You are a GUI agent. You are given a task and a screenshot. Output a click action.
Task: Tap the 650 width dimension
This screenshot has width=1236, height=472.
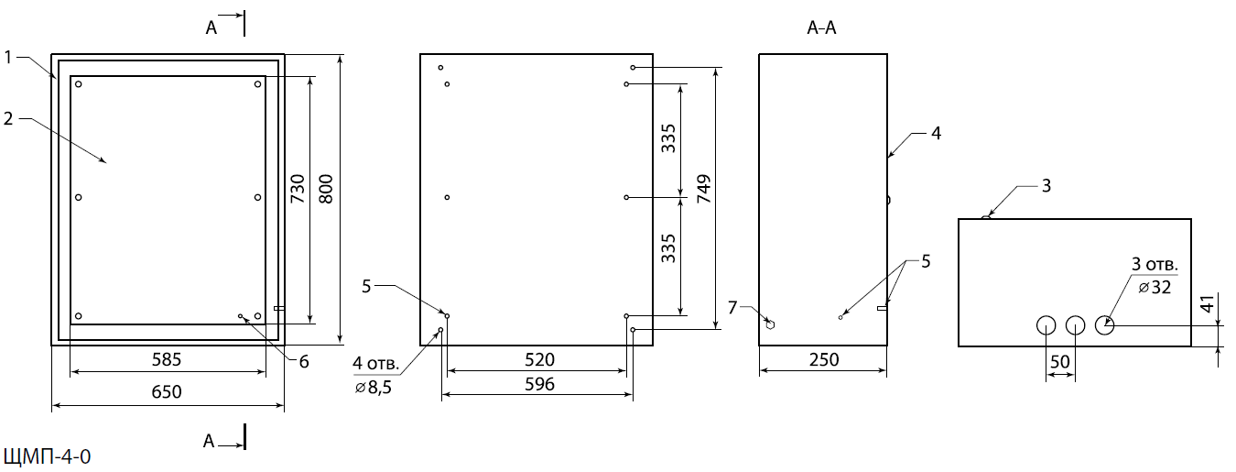[x=167, y=391]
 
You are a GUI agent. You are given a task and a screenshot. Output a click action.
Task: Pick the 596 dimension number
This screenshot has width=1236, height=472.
[x=537, y=384]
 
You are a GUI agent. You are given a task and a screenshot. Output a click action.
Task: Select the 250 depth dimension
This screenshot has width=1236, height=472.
[x=824, y=360]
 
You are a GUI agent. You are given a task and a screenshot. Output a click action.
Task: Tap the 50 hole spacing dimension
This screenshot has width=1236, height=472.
[x=1060, y=362]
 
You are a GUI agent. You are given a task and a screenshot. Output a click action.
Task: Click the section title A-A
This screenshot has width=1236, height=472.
[x=821, y=28]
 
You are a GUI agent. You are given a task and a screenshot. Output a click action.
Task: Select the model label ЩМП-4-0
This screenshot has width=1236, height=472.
[x=48, y=456]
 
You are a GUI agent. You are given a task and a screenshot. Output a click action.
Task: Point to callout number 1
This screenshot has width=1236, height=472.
[x=7, y=57]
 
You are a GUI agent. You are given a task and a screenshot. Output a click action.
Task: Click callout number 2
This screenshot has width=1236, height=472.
[x=7, y=118]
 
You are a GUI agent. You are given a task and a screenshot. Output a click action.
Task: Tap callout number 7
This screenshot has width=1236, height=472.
[x=732, y=306]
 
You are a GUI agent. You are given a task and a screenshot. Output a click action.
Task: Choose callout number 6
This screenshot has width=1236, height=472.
[x=303, y=361]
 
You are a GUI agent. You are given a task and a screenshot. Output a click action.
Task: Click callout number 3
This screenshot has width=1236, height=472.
[x=1046, y=186]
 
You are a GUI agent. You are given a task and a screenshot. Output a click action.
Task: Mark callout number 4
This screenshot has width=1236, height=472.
[x=935, y=133]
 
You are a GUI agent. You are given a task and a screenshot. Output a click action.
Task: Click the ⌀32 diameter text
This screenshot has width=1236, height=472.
[x=1157, y=287]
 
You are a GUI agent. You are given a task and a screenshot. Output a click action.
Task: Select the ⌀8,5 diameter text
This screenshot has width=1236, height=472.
[x=373, y=389]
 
